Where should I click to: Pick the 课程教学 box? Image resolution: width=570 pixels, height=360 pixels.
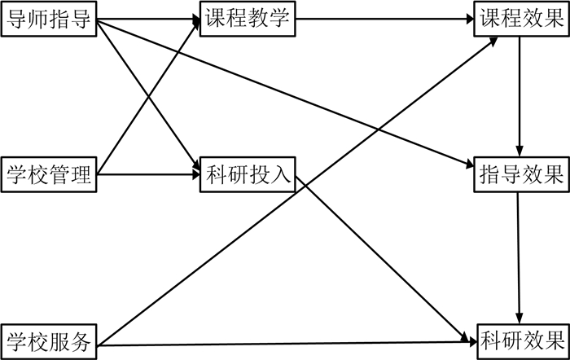click(x=248, y=19)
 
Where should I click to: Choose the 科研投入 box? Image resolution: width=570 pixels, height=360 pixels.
click(x=248, y=173)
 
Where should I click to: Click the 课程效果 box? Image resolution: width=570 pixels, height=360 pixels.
click(x=520, y=19)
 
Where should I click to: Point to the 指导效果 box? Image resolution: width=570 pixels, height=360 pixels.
click(x=520, y=173)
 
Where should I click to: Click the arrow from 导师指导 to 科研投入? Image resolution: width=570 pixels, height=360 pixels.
click(x=122, y=57)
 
